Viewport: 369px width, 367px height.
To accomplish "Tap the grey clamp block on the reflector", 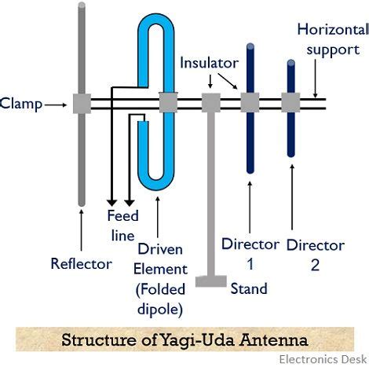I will (82, 103).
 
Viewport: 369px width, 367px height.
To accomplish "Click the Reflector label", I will (81, 263).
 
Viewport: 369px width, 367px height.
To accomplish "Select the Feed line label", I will (122, 225).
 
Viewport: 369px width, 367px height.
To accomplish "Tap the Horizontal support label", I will (332, 40).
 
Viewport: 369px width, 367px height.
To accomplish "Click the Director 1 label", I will (250, 255).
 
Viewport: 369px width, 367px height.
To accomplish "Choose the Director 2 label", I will (315, 255).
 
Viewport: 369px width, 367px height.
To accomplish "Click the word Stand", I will (249, 288).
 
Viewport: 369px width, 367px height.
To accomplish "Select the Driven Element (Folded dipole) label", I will (160, 278).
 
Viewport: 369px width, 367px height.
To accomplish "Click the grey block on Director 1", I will (250, 102).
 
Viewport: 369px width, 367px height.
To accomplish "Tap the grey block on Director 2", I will (291, 102).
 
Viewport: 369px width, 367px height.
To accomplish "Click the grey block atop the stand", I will (210, 102).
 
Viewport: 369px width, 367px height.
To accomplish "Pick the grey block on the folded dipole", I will (169, 102).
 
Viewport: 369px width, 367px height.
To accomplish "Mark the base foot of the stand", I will (210, 281).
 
